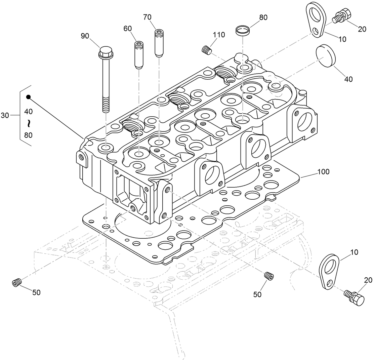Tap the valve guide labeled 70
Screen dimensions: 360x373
coord(159,43)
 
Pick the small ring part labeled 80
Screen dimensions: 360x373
coord(243,31)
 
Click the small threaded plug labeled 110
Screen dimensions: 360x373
coord(206,50)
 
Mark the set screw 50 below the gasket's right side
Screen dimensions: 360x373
coord(268,276)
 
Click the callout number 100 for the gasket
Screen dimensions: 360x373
coord(323,172)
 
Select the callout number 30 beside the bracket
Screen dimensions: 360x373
coord(5,115)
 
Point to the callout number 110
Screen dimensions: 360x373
coord(219,35)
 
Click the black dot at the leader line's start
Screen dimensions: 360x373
coord(29,97)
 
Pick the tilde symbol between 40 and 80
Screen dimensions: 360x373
coord(29,123)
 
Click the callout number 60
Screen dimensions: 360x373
coord(127,29)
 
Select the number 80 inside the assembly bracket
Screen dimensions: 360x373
coord(29,135)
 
